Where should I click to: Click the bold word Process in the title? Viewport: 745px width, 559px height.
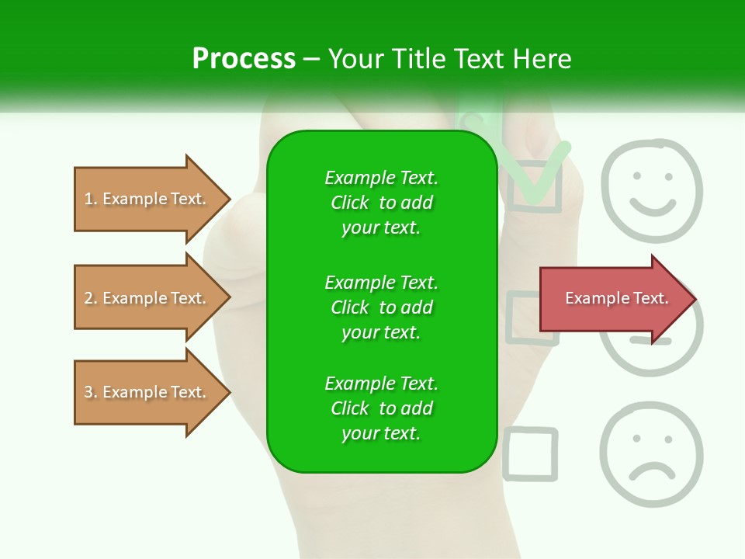[x=244, y=59]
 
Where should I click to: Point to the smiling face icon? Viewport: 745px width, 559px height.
[x=651, y=182]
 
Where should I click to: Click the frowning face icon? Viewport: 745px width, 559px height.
[x=651, y=454]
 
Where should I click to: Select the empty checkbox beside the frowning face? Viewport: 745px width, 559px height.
[x=531, y=453]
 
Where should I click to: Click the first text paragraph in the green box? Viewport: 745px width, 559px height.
[x=381, y=203]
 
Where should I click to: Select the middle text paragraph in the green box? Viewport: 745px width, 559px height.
[x=381, y=307]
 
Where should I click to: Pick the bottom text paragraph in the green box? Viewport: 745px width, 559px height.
[x=381, y=408]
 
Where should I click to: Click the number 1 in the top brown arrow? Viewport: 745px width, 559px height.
[x=88, y=199]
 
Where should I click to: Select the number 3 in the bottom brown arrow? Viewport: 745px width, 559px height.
[x=88, y=392]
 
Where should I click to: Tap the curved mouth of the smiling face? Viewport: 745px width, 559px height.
[x=652, y=206]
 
